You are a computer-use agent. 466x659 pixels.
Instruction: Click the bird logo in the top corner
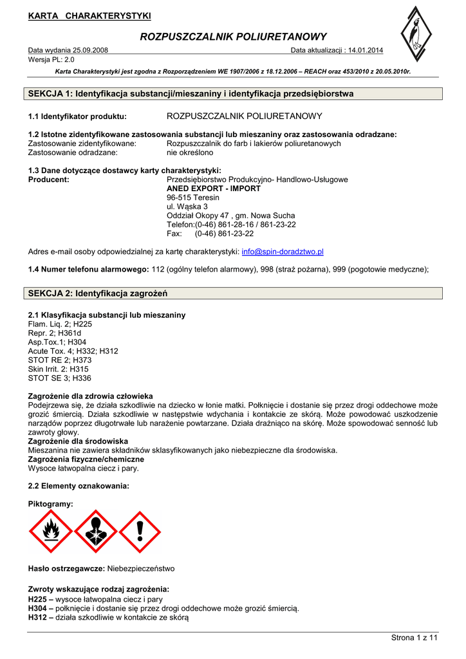point(416,36)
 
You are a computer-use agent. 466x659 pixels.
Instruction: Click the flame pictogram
point(50,532)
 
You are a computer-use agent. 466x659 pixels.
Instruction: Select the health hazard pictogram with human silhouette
point(95,532)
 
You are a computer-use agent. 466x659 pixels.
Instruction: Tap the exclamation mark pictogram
point(140,532)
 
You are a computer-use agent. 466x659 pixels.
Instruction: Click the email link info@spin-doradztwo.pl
point(283,252)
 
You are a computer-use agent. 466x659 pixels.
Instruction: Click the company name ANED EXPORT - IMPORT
point(214,189)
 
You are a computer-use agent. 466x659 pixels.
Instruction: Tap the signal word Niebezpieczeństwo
point(140,569)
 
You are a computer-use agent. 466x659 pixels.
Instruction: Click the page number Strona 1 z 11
point(415,638)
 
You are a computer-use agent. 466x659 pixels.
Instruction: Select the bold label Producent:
point(49,180)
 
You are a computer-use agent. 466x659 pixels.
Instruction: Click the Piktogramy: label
point(51,503)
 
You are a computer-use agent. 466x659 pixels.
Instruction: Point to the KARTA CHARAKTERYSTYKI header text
point(89,15)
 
